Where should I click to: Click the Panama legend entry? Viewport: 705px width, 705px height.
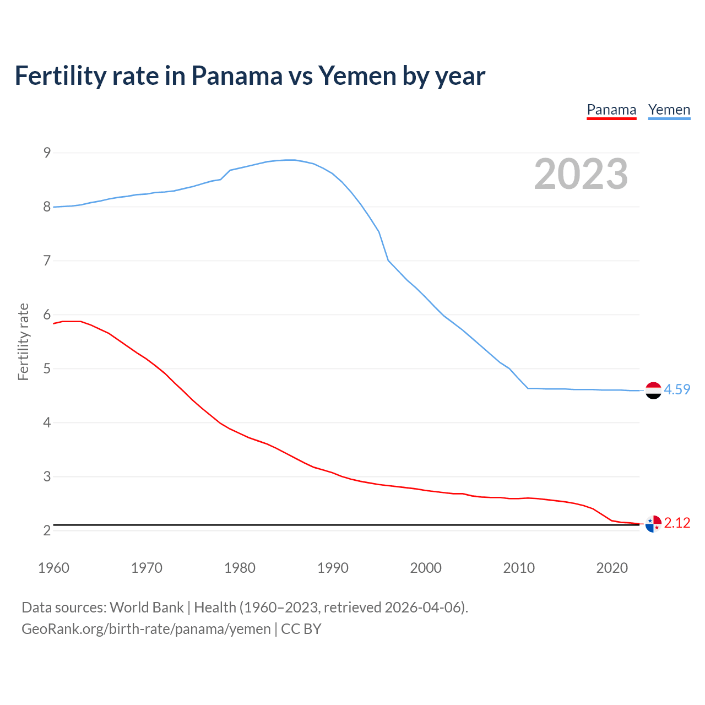[x=611, y=110]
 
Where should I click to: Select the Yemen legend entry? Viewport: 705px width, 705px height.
[x=669, y=110]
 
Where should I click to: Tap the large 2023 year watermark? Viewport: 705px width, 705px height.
[x=581, y=174]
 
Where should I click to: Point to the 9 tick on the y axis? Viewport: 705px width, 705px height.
[x=47, y=153]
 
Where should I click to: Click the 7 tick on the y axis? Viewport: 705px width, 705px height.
[x=47, y=261]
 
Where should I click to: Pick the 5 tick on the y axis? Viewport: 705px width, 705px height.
[x=47, y=368]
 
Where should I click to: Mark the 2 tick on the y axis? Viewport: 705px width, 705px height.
[x=47, y=530]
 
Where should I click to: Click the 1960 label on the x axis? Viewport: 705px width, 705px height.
[x=53, y=568]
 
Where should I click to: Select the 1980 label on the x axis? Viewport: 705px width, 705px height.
[x=240, y=568]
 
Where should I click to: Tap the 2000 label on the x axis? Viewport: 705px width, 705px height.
[x=426, y=568]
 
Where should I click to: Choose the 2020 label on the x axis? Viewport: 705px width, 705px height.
[x=612, y=568]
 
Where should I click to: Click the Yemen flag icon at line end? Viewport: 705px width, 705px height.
[x=653, y=390]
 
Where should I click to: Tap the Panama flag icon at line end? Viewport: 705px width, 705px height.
[x=653, y=524]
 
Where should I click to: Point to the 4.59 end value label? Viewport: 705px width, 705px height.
[x=677, y=389]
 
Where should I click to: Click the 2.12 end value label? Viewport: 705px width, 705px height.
[x=677, y=523]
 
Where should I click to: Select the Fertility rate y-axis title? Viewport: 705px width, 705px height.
[x=23, y=341]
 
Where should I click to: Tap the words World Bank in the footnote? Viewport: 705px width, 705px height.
[x=147, y=608]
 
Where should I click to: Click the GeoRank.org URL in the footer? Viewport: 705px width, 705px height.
[x=146, y=629]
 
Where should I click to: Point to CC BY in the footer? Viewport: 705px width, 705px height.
[x=301, y=629]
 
